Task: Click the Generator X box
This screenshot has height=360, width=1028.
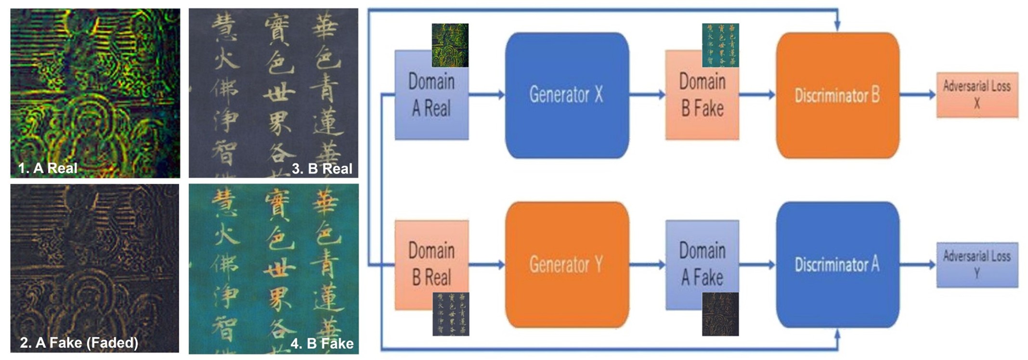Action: point(567,95)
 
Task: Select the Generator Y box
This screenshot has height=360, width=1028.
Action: point(567,264)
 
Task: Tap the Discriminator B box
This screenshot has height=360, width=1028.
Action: point(837,95)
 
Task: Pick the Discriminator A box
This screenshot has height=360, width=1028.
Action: point(837,264)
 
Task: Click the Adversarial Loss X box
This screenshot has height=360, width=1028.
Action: point(976,95)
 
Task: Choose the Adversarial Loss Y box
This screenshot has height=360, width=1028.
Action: point(976,265)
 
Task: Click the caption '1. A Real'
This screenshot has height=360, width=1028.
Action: point(48,168)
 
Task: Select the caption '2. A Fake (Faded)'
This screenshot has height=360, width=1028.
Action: point(79,343)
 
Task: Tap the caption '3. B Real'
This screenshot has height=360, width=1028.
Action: point(322,168)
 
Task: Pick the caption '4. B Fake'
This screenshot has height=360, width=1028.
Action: point(322,343)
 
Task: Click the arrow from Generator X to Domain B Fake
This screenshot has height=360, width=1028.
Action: point(647,95)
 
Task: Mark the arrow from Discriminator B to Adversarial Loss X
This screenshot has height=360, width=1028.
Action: point(917,95)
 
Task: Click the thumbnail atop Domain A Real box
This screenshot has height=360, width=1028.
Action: point(450,45)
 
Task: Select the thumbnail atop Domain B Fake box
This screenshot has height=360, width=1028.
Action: point(720,45)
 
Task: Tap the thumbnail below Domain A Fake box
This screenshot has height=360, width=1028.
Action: point(720,314)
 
